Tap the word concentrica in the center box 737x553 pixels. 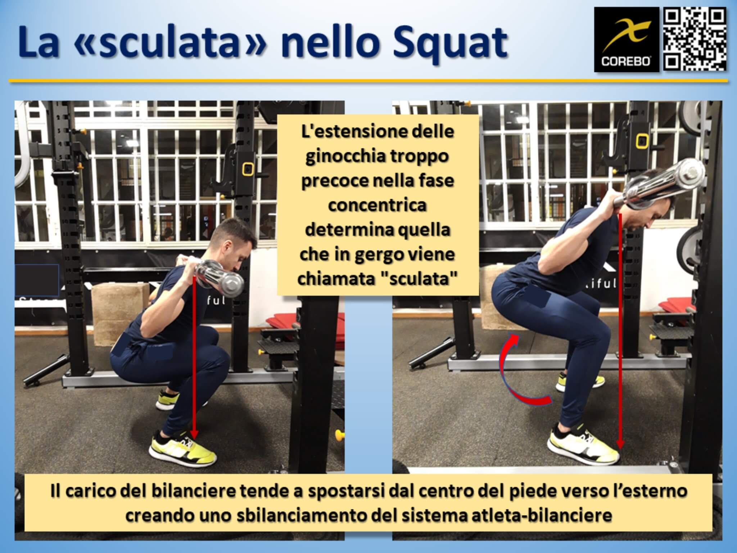pos(377,205)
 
